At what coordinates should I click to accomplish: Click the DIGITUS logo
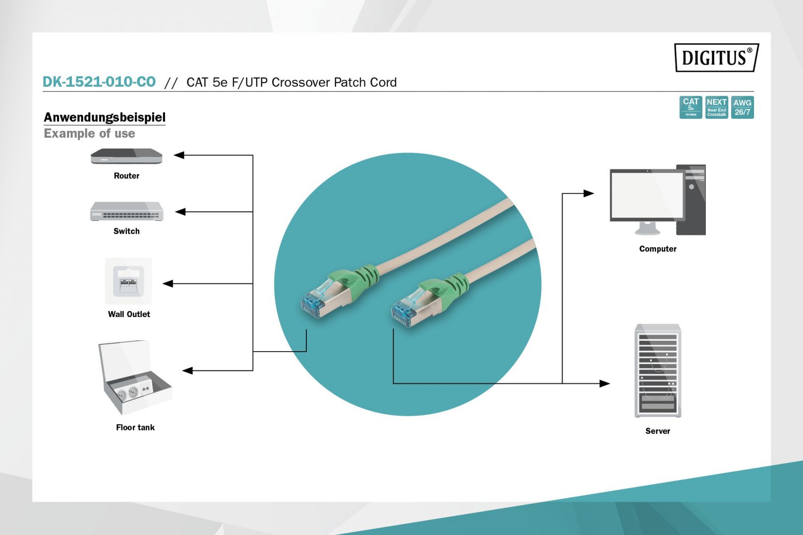[716, 57]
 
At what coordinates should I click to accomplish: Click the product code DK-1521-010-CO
[99, 82]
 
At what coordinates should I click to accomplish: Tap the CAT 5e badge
[690, 107]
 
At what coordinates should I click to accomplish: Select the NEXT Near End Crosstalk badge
[717, 107]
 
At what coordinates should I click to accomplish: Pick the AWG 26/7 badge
[743, 107]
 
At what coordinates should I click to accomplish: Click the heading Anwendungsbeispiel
[105, 117]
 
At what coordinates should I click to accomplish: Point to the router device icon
[126, 157]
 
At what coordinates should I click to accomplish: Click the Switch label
[126, 231]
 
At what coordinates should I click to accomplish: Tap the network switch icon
[126, 212]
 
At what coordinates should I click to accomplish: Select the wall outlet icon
[128, 281]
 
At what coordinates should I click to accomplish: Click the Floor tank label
[135, 428]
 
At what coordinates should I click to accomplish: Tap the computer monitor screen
[646, 195]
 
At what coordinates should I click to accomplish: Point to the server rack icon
[658, 371]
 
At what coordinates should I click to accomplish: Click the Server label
[658, 431]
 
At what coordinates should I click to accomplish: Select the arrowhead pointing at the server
[604, 383]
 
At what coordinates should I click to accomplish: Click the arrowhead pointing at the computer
[588, 193]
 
